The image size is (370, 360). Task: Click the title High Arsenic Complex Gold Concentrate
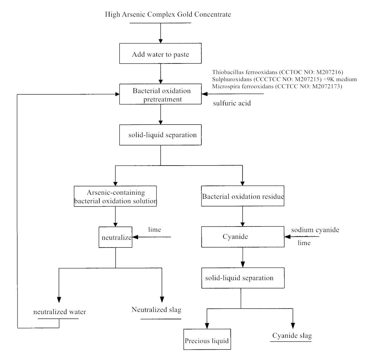pos(168,14)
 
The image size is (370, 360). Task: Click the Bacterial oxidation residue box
pos(243,196)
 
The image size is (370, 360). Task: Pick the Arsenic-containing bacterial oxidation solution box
pos(115,196)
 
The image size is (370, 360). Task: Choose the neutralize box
pos(115,237)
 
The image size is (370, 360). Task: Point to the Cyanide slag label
pos(292,336)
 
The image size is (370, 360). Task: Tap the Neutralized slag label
pos(156,310)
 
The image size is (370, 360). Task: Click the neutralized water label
pos(60,312)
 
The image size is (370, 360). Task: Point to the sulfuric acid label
pos(232,103)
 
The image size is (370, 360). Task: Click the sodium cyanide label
pos(315,230)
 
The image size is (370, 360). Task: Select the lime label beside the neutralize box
pos(154,230)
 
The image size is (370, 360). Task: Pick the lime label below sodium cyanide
pos(304,243)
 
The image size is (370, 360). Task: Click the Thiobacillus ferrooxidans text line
pos(277,72)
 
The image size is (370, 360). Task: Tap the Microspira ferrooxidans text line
pos(277,86)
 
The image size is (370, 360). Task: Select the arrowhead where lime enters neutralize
pos(135,237)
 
